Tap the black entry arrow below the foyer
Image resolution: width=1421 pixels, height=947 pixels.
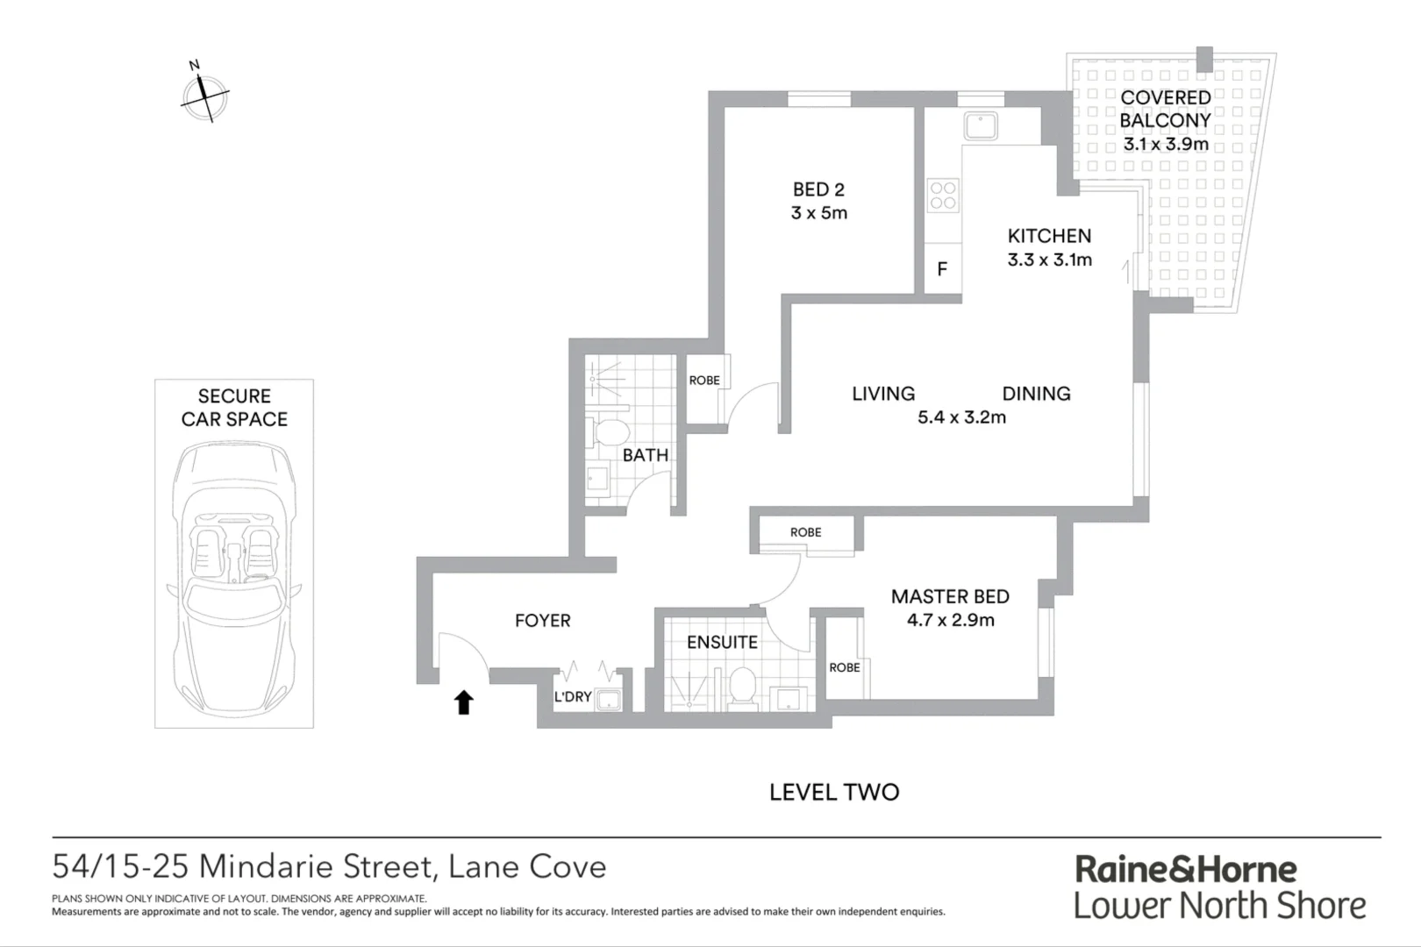463,701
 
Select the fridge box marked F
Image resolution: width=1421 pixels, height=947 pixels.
942,269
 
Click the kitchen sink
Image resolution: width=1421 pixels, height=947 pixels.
980,125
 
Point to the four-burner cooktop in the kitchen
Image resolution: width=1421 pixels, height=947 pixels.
943,195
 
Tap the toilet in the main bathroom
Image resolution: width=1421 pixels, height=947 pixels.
611,431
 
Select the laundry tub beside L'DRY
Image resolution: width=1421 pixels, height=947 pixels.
608,699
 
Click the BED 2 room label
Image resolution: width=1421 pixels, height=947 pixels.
818,189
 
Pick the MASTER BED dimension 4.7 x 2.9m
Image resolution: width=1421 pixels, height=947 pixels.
950,620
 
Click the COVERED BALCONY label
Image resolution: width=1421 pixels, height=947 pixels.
1165,109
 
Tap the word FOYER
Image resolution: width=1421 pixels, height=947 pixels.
542,620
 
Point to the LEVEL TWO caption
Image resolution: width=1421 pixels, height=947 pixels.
834,792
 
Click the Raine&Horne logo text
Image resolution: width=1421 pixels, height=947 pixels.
1186,869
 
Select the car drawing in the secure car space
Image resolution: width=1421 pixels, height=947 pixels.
234,579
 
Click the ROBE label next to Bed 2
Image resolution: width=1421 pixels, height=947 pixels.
704,380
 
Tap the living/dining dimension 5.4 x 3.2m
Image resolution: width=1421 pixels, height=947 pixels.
961,417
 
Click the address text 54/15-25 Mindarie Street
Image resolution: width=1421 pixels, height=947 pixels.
243,866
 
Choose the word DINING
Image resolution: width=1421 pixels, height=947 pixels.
1036,394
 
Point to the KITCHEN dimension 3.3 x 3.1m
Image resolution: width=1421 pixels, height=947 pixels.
1049,260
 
